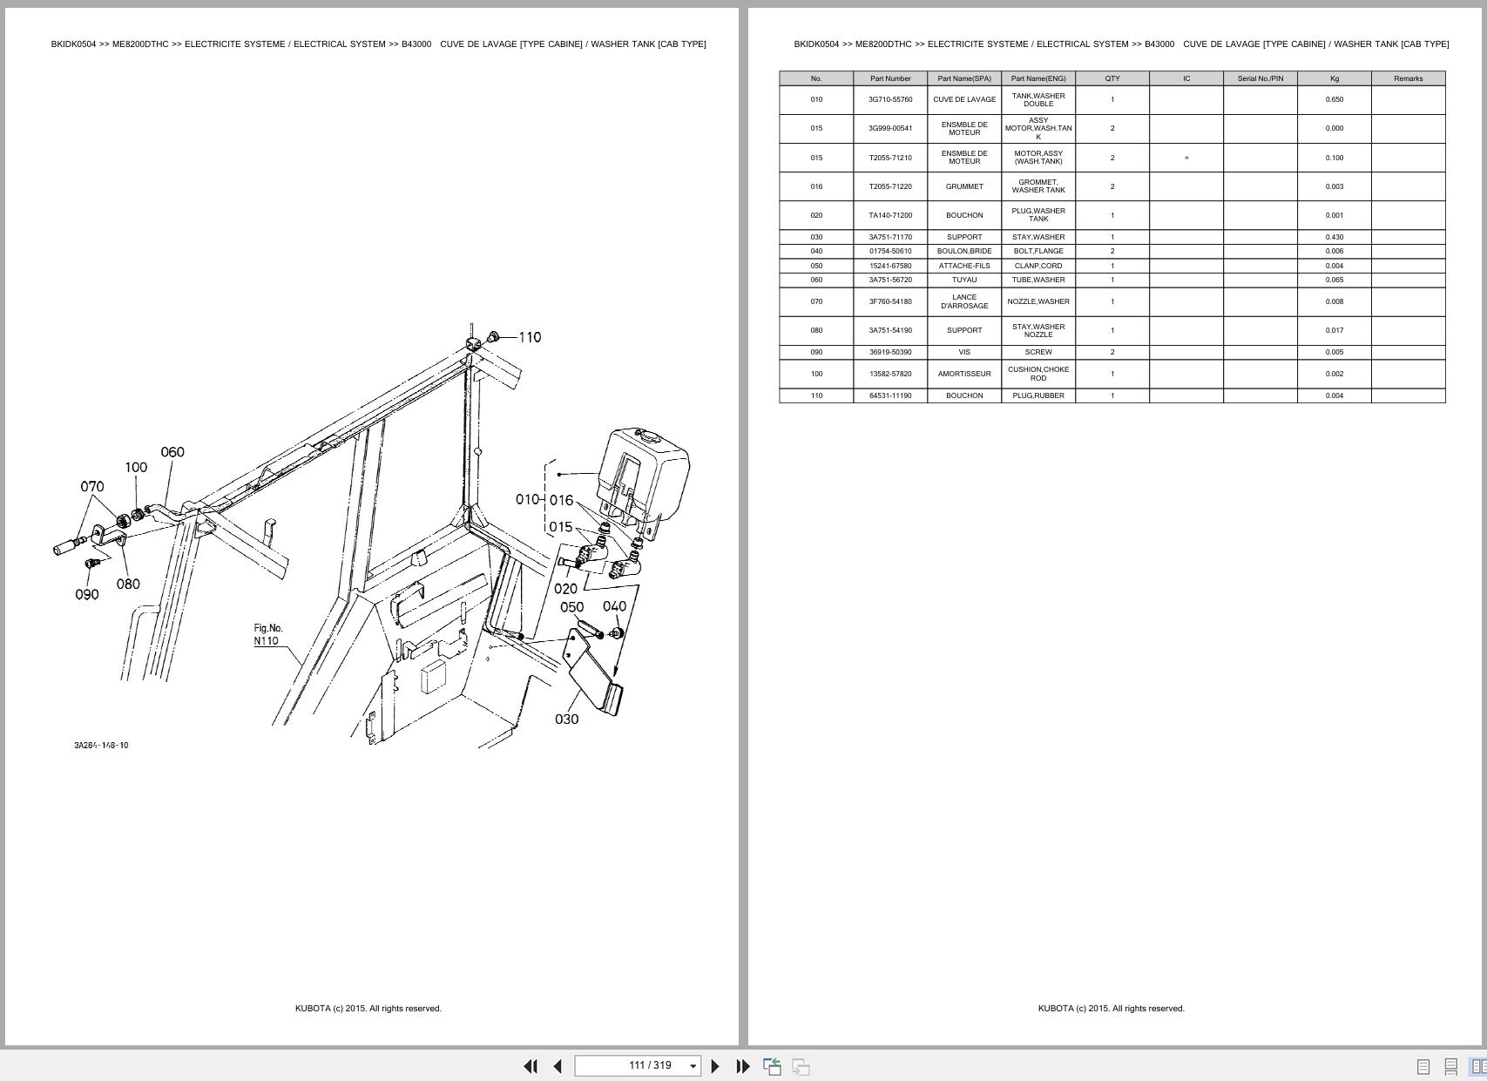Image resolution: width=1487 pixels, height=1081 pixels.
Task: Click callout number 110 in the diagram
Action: click(x=530, y=337)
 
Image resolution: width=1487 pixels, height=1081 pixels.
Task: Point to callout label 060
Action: click(x=172, y=452)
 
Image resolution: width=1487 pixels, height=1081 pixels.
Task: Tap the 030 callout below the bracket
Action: click(x=566, y=719)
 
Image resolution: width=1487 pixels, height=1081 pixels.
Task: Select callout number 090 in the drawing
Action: click(x=87, y=594)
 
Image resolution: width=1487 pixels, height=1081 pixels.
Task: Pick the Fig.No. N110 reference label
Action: click(x=267, y=634)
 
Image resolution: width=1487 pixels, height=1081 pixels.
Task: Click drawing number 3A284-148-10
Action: click(x=101, y=746)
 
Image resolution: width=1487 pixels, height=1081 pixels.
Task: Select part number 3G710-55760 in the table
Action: click(x=890, y=99)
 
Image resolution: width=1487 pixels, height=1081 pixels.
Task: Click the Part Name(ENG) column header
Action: click(x=1038, y=78)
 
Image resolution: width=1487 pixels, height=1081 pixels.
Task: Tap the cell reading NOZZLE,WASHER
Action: click(x=1038, y=301)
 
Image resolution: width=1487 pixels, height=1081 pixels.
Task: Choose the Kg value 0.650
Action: click(x=1334, y=99)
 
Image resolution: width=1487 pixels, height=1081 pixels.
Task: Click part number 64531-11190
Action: click(x=890, y=395)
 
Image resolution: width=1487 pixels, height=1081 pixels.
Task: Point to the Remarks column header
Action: click(x=1408, y=78)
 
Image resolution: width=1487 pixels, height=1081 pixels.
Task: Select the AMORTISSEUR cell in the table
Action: click(x=964, y=374)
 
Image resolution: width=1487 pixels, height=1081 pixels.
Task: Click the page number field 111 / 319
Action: click(x=637, y=1065)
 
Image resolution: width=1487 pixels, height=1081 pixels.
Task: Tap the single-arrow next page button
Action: click(x=715, y=1065)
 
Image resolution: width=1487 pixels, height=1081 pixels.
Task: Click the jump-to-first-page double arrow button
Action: click(x=531, y=1065)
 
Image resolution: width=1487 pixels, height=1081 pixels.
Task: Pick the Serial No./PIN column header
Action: click(x=1260, y=78)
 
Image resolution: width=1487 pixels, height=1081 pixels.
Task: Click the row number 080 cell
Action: click(x=816, y=330)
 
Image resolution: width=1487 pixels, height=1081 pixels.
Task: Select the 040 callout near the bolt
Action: click(x=614, y=606)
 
